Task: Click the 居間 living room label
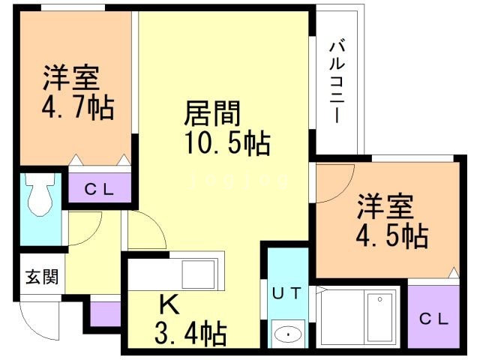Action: pyautogui.click(x=212, y=115)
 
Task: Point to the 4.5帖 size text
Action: pyautogui.click(x=391, y=235)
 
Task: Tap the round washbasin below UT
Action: pyautogui.click(x=286, y=333)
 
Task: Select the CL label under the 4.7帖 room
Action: pyautogui.click(x=99, y=190)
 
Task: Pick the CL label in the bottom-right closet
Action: pyautogui.click(x=433, y=319)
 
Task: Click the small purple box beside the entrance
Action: pyautogui.click(x=104, y=313)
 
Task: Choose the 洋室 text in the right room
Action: pyautogui.click(x=385, y=205)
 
